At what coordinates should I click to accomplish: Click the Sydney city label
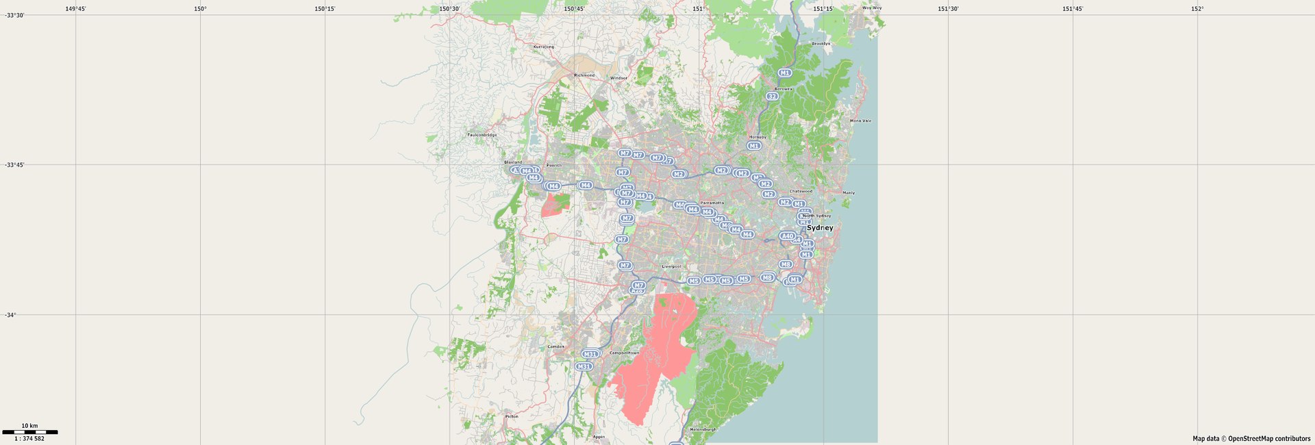point(820,228)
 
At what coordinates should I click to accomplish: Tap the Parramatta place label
point(712,203)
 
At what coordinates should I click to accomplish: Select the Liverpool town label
point(671,266)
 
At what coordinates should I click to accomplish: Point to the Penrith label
point(554,165)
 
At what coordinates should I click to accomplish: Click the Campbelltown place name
point(624,353)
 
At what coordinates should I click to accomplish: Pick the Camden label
point(556,346)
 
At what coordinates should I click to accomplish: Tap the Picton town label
point(512,416)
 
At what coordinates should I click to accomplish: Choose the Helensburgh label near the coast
point(703,429)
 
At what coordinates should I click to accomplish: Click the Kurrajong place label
point(544,47)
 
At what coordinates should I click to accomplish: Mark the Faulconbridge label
point(482,135)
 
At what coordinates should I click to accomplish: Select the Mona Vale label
point(860,120)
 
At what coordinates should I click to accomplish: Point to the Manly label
point(849,192)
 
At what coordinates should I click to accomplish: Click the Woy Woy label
point(872,8)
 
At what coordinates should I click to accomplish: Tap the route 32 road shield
point(772,97)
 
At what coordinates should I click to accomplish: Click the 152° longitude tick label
point(1197,9)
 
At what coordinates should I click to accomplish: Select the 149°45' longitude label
point(75,9)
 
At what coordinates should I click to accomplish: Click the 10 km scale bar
point(30,432)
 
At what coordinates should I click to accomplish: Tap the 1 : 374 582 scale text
point(29,439)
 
